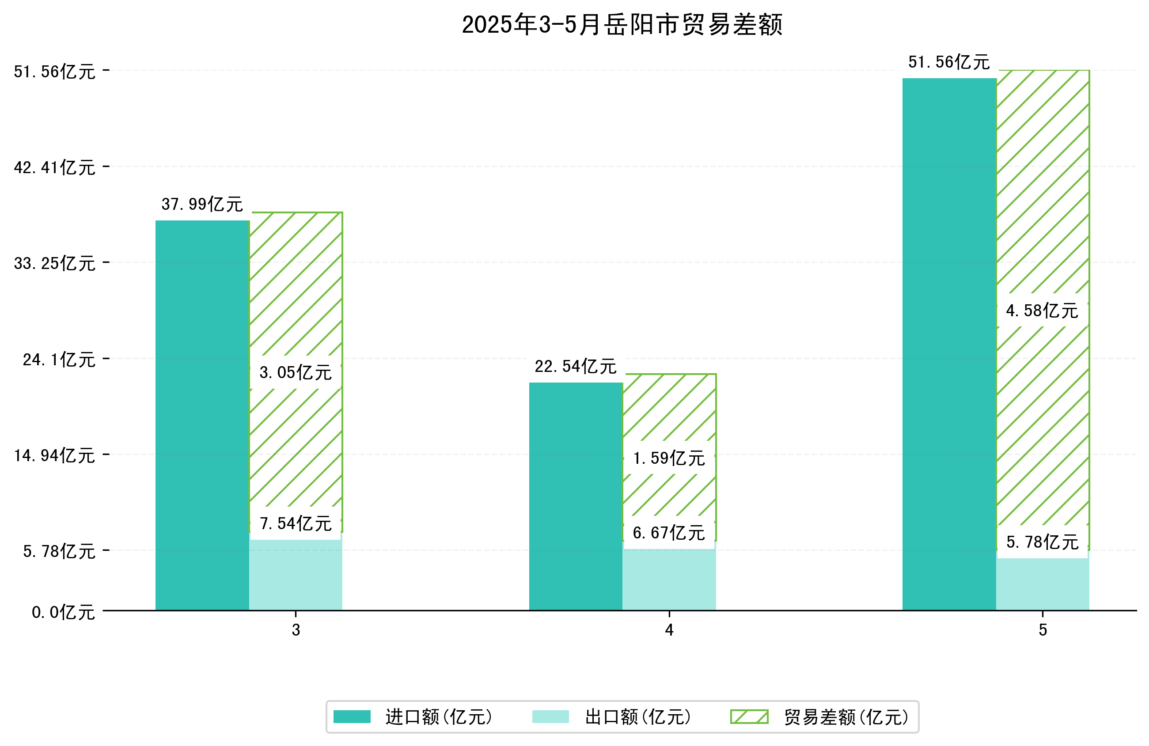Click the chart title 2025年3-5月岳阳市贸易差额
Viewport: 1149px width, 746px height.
(622, 25)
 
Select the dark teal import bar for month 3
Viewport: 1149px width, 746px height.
(202, 415)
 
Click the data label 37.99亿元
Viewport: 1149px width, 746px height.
(202, 204)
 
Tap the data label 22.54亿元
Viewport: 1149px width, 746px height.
(576, 367)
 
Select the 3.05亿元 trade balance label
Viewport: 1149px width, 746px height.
(296, 372)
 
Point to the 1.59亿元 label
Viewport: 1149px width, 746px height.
(669, 458)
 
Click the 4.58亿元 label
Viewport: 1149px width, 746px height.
(1042, 311)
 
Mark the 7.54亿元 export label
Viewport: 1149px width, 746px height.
(296, 523)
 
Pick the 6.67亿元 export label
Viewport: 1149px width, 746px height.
(669, 533)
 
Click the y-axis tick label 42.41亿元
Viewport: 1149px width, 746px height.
(54, 167)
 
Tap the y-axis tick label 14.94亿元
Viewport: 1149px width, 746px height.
(54, 455)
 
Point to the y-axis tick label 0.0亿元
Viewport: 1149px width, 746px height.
(63, 612)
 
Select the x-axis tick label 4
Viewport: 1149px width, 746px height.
(669, 630)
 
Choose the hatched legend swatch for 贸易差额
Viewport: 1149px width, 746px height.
(749, 716)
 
